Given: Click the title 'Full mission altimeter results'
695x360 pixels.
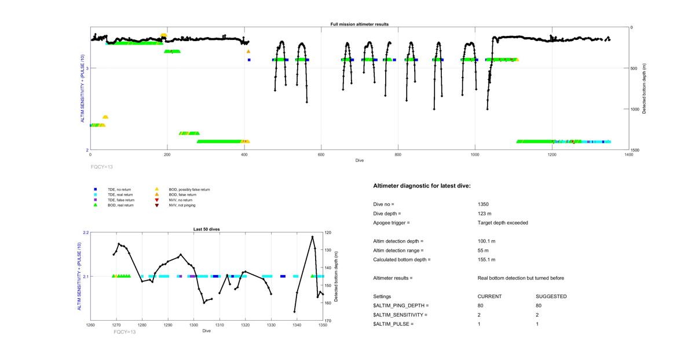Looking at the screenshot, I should click(359, 24).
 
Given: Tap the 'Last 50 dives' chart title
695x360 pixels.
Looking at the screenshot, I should click(206, 229).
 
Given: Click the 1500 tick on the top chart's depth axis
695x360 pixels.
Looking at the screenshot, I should click(636, 150).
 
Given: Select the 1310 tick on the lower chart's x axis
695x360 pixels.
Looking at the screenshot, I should click(220, 325).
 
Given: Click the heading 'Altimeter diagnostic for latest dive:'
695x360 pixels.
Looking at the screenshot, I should click(422, 186).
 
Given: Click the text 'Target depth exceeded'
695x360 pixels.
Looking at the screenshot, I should click(503, 223).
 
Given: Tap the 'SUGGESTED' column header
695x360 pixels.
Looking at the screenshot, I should click(551, 296).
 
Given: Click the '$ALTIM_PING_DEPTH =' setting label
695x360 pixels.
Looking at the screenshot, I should click(401, 306).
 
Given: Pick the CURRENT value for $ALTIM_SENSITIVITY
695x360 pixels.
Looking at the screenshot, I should click(479, 315).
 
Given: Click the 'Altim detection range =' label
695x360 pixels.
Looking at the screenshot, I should click(398, 251).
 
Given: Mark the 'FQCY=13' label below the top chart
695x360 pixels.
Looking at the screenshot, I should click(102, 167).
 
